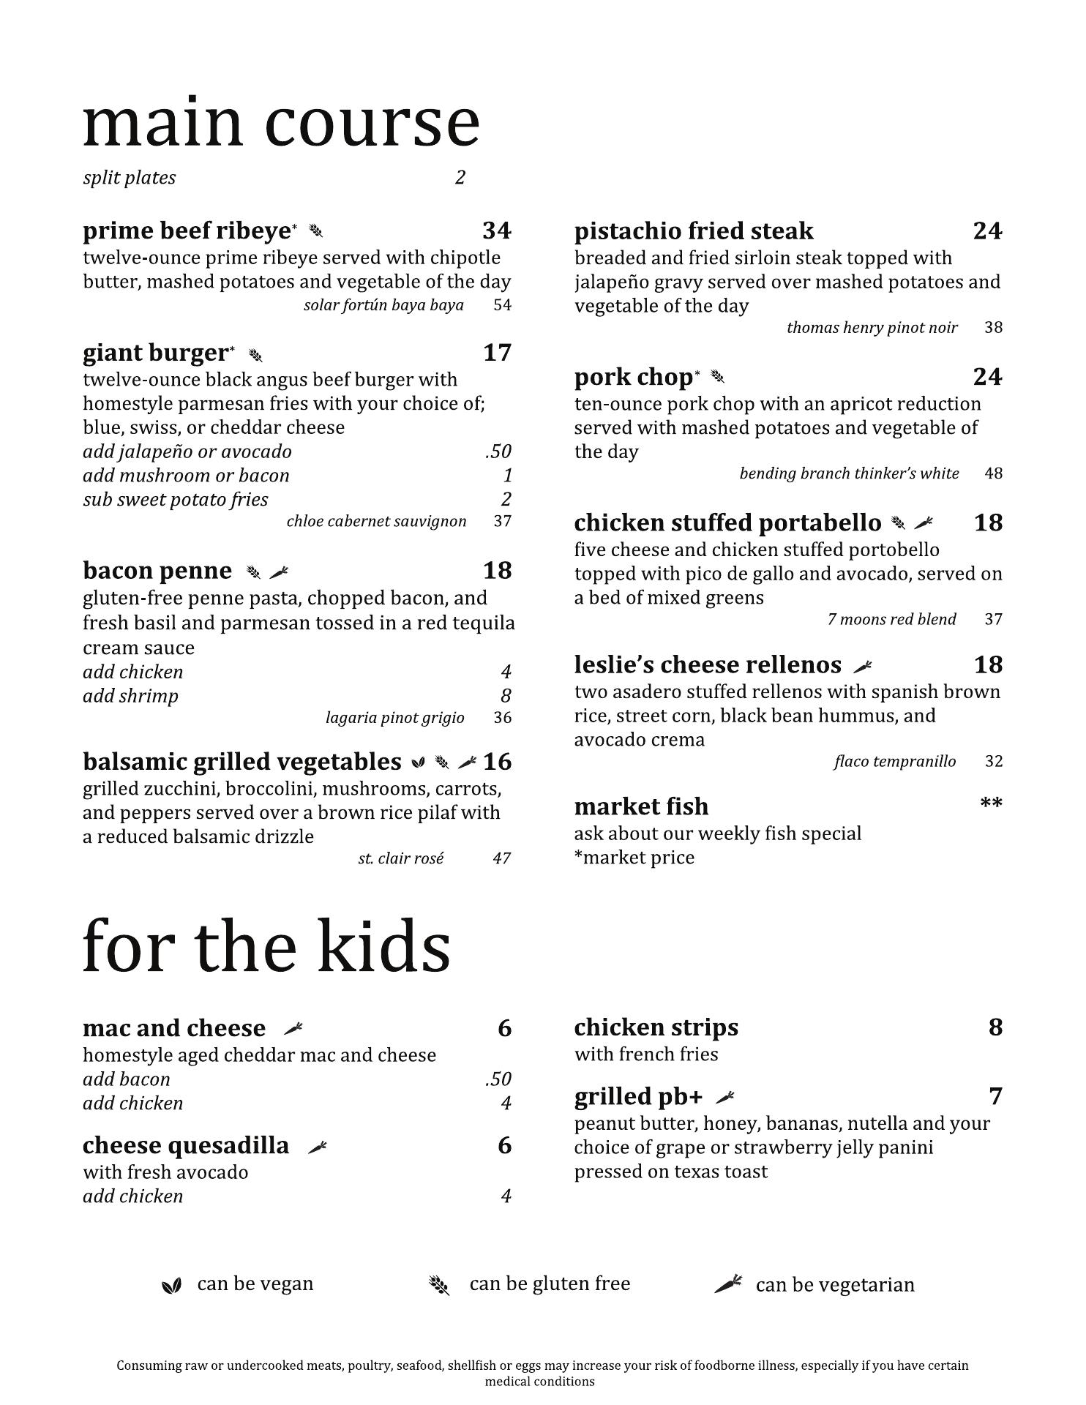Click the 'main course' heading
pyautogui.click(x=281, y=121)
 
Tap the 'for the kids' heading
pyautogui.click(x=266, y=947)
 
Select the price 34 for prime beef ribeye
pyautogui.click(x=496, y=231)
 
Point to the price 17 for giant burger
pyautogui.click(x=497, y=353)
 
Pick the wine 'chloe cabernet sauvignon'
pyautogui.click(x=376, y=522)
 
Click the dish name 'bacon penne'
pyautogui.click(x=157, y=571)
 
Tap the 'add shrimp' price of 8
pyautogui.click(x=506, y=696)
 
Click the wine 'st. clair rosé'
pyautogui.click(x=400, y=858)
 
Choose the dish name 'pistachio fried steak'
pyautogui.click(x=693, y=231)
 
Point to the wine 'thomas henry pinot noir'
pyautogui.click(x=871, y=328)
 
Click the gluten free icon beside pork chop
pyautogui.click(x=718, y=378)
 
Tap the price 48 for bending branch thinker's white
pyautogui.click(x=993, y=473)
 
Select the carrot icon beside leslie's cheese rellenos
pyautogui.click(x=863, y=666)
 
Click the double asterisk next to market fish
pyautogui.click(x=991, y=804)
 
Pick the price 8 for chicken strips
pyautogui.click(x=995, y=1027)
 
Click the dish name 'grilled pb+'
pyautogui.click(x=637, y=1097)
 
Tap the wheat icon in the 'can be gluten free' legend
pyautogui.click(x=438, y=1285)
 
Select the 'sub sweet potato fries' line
pyautogui.click(x=175, y=500)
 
